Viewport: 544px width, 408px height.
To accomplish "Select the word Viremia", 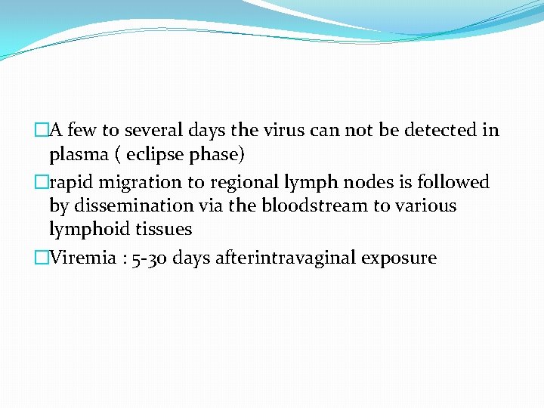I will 80,258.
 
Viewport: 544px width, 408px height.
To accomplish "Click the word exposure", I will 399,258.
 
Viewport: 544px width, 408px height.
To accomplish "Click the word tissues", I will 165,229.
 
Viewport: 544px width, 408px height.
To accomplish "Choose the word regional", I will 232,182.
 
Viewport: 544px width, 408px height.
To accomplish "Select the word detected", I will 437,130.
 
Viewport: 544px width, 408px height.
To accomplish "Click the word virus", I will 283,130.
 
